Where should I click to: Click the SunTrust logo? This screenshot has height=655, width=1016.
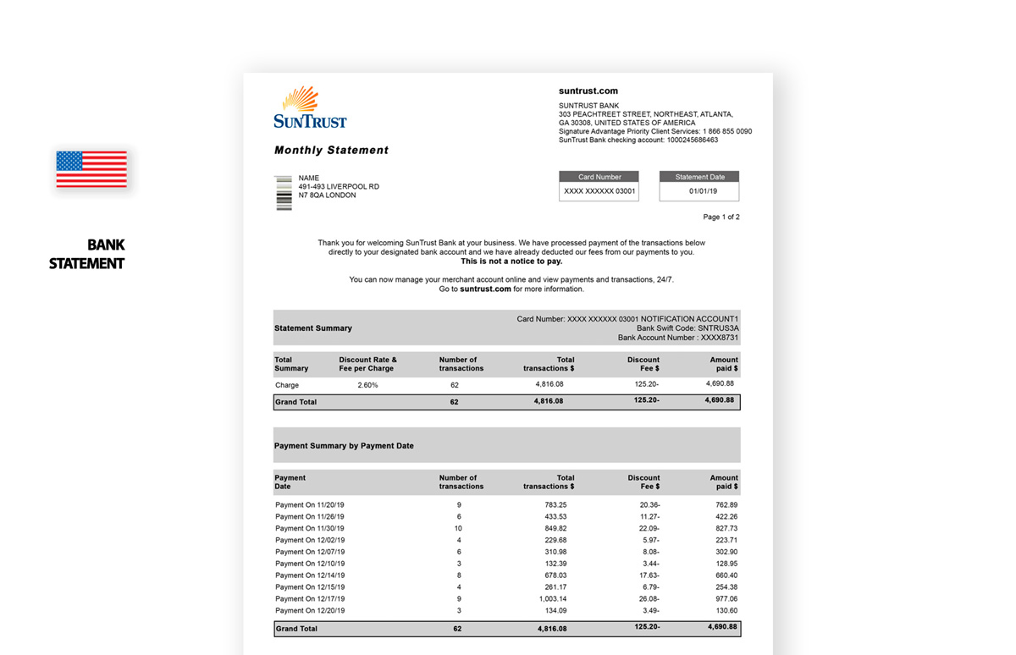point(310,107)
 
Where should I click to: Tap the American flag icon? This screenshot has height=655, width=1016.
point(91,169)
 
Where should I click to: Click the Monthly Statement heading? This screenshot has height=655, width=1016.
point(331,151)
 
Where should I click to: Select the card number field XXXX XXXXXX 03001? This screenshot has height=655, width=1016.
point(599,192)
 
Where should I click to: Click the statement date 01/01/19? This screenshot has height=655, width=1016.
point(699,192)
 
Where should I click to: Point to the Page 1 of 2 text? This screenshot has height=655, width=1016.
point(721,217)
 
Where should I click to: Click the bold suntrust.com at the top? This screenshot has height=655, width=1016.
point(588,91)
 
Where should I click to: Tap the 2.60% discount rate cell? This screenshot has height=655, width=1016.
point(367,385)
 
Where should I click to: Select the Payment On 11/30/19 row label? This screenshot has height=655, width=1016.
point(309,528)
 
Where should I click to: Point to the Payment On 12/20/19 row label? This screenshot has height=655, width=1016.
point(309,610)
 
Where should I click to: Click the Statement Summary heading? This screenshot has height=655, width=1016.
point(313,328)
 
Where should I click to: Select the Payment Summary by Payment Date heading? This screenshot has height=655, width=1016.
point(344,446)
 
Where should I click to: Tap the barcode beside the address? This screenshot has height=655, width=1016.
point(284,193)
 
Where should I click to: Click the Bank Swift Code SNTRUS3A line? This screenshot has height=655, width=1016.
point(687,328)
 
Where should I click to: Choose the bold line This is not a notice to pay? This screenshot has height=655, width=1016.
point(511,261)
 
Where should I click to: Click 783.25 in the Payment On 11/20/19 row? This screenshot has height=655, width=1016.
point(555,505)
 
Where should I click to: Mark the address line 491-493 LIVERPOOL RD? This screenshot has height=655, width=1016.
point(339,187)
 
